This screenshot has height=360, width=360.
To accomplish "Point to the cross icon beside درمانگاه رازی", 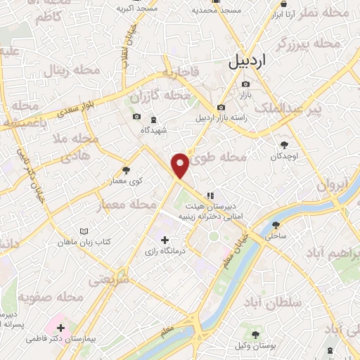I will click(165, 240).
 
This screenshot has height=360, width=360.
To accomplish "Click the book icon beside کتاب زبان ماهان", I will click(84, 232).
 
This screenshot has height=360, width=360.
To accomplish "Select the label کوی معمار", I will click(126, 181).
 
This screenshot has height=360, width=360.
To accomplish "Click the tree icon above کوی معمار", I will click(126, 170).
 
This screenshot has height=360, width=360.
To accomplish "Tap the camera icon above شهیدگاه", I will click(136, 117).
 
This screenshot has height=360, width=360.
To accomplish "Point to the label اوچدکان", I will click(285, 155).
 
